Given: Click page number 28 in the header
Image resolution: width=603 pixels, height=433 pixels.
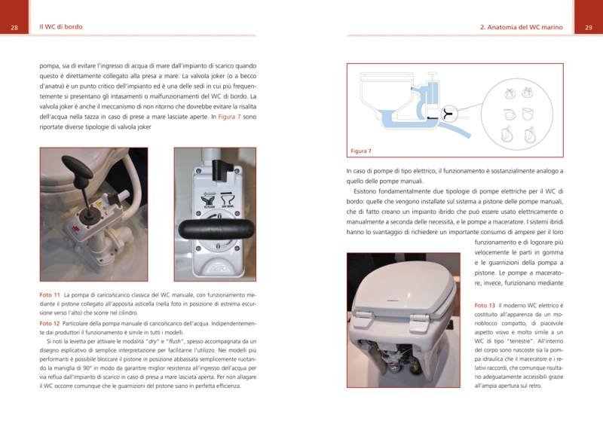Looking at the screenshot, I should pyautogui.click(x=14, y=27).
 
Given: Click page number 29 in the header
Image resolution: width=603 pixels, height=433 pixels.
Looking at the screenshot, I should pyautogui.click(x=588, y=27).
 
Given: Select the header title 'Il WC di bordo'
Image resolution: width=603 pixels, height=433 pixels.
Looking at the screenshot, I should pyautogui.click(x=61, y=27).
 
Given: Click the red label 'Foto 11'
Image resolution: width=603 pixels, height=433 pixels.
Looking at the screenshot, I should pyautogui.click(x=50, y=294).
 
